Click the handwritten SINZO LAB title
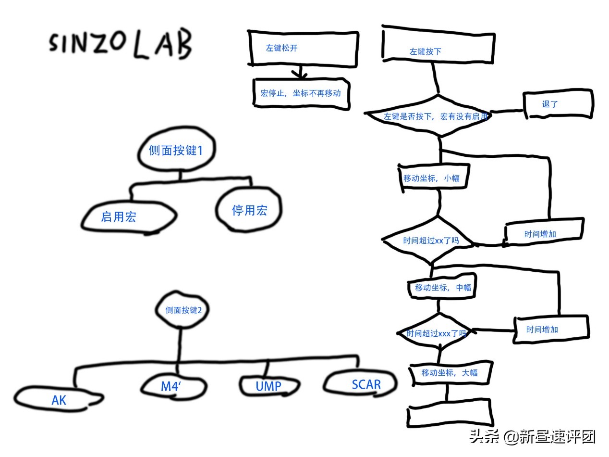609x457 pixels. pos(121,44)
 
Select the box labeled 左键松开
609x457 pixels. pos(303,49)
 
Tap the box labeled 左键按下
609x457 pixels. pos(438,44)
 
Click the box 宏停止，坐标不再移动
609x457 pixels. pos(301,94)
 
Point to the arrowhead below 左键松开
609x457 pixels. pos(300,74)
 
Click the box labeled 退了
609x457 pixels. pos(558,104)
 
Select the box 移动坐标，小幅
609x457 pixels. pos(433,178)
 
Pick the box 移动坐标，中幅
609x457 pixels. pos(442,286)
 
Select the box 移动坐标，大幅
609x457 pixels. pos(450,373)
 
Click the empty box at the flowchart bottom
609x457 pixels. pos(450,413)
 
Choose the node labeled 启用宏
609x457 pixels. pos(129,216)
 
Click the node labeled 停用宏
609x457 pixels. pos(249,210)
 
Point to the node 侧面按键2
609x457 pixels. pos(182,310)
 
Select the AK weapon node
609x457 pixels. pos(59,399)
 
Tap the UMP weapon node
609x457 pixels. pos(268,386)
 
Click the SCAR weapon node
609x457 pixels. pos(360,383)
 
